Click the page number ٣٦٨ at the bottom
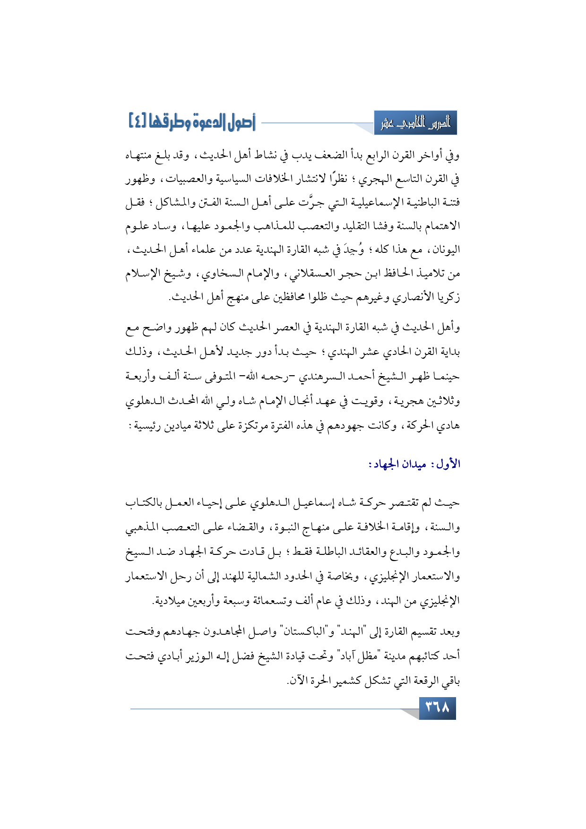tap(438, 708)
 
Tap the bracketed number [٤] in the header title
tap(138, 122)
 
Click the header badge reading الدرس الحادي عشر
tap(415, 123)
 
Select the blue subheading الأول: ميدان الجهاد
tap(414, 464)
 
